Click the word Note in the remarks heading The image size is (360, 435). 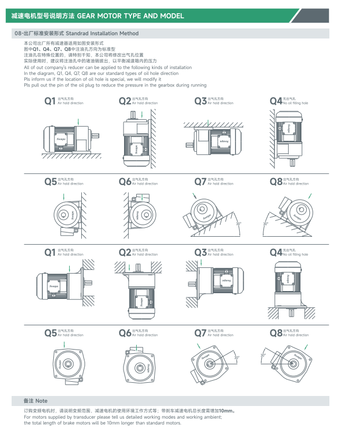coord(41,401)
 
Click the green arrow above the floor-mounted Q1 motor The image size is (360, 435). coord(78,122)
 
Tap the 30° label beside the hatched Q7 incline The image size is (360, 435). coord(239,224)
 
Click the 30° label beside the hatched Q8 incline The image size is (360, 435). coord(266,224)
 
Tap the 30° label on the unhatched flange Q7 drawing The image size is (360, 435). coord(237,357)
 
